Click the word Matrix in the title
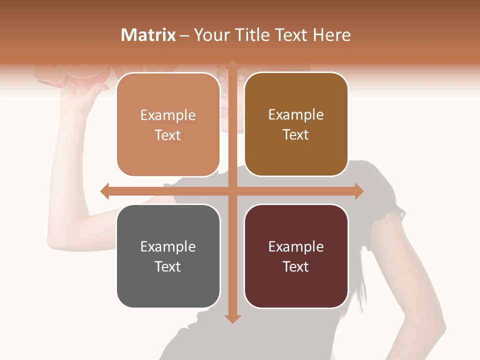[148, 35]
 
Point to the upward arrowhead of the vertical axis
[232, 64]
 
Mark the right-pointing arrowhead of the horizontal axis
[358, 191]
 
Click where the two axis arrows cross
[232, 191]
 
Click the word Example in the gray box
[168, 246]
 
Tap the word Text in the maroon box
[296, 266]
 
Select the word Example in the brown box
[296, 114]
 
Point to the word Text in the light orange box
[168, 135]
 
